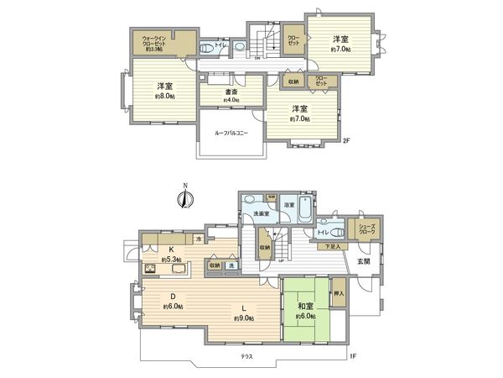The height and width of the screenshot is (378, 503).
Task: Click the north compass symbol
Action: point(185,199)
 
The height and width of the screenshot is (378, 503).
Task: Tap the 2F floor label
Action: point(345,140)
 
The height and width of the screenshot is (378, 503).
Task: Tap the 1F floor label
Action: point(354,357)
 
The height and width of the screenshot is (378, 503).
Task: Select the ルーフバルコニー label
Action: point(231,134)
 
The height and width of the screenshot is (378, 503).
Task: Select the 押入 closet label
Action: point(339,295)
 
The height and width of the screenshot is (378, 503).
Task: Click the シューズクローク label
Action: point(366,228)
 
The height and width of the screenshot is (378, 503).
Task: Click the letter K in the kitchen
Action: point(169,249)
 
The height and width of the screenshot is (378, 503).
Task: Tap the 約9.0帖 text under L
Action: point(246,318)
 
